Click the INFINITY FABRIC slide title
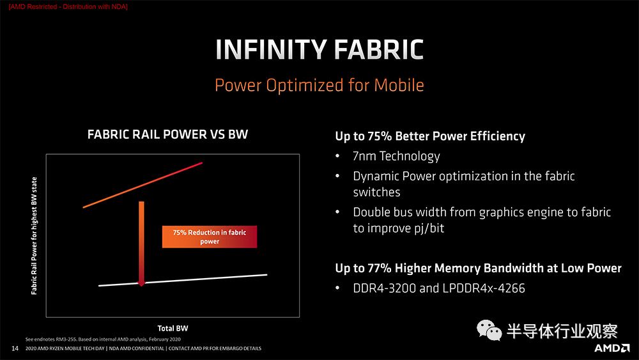319,49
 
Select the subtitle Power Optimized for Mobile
319,85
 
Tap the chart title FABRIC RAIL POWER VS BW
167,134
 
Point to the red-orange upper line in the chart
142,185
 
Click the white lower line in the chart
183,280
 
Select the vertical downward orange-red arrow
141,244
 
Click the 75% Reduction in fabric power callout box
210,237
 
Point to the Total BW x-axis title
173,328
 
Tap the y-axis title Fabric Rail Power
35,236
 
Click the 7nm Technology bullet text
397,156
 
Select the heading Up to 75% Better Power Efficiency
430,136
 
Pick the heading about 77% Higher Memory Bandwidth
478,269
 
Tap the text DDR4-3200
384,288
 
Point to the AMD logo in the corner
612,348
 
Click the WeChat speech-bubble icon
489,330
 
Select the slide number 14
15,348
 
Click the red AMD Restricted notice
68,6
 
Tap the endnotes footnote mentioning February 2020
103,339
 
